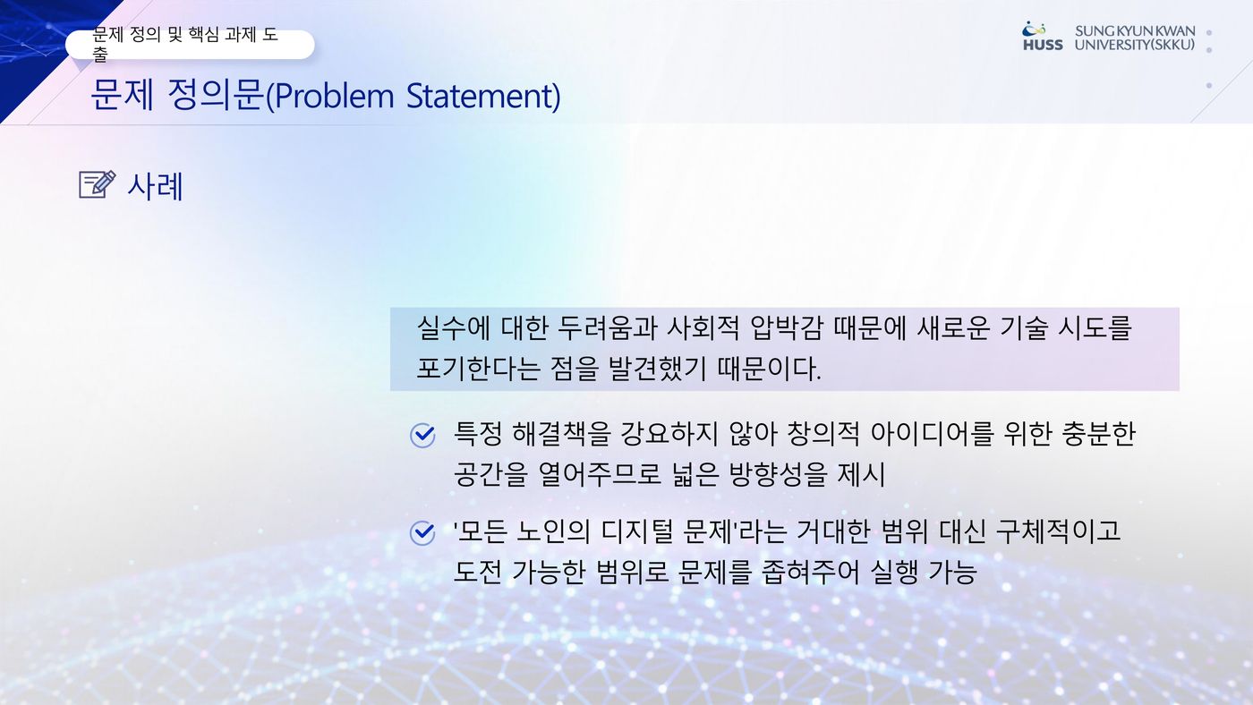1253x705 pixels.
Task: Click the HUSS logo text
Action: pos(1043,45)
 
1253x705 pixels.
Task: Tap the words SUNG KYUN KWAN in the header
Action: pos(1135,31)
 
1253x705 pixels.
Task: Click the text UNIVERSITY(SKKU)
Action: pos(1135,45)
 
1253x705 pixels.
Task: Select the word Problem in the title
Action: pos(334,96)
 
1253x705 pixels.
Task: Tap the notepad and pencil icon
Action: pos(98,184)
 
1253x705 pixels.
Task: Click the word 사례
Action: pos(156,186)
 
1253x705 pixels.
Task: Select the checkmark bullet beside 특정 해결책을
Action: pos(422,436)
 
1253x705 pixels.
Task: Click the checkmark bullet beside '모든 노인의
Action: pos(422,533)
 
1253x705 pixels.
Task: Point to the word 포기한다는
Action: pos(479,369)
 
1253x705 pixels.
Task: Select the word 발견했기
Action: pos(657,369)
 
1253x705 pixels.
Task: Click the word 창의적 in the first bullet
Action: pos(823,435)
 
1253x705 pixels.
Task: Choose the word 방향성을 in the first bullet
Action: pos(778,475)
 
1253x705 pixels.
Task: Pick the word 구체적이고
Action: pos(1059,531)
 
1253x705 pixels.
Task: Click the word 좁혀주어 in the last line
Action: pos(810,572)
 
